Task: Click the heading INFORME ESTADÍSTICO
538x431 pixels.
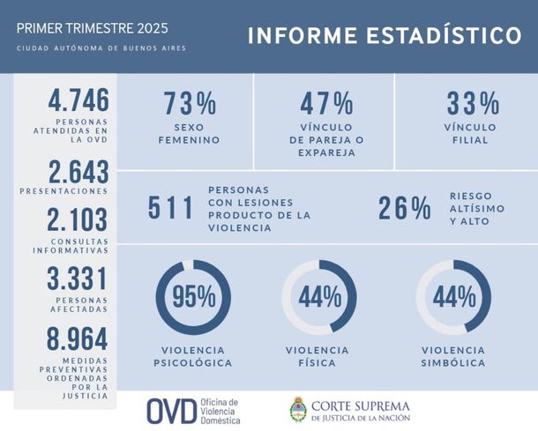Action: point(384,35)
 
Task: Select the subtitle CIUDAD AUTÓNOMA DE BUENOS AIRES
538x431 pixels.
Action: point(101,48)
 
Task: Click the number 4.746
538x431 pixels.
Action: point(78,98)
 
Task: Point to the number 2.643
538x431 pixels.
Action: point(78,171)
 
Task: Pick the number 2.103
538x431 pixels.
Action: point(78,219)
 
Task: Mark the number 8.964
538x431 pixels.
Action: point(78,339)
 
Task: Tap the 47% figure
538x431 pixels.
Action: point(326,103)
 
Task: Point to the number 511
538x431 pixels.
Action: point(170,208)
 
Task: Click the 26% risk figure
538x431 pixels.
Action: point(405,208)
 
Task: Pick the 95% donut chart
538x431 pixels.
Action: point(192,297)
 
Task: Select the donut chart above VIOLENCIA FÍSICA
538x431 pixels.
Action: point(319,297)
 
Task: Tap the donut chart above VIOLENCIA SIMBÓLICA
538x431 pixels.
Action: point(453,297)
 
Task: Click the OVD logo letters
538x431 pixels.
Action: point(170,410)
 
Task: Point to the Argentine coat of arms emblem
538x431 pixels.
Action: point(299,410)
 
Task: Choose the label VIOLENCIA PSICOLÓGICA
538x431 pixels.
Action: point(192,356)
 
